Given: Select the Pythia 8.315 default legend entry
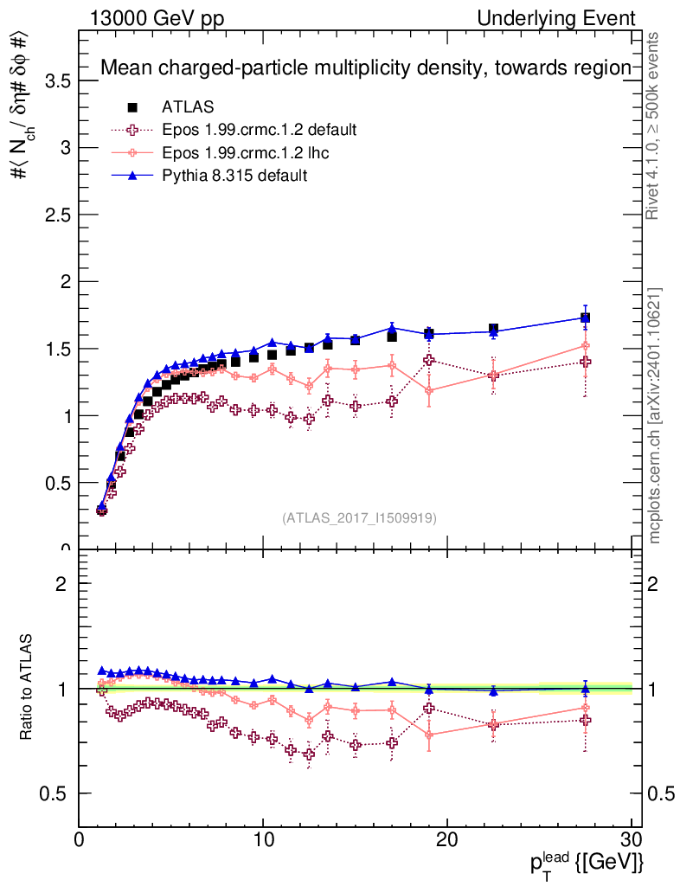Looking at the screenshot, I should coord(234,176).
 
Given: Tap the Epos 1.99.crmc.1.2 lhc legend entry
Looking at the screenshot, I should coord(247,153).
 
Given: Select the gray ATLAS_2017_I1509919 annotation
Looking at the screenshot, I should coord(359,518).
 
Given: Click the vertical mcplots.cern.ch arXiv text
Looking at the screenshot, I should coord(656,415).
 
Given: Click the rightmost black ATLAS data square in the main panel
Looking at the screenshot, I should coord(586,318).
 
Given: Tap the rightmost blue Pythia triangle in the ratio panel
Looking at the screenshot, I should coord(586,690).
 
